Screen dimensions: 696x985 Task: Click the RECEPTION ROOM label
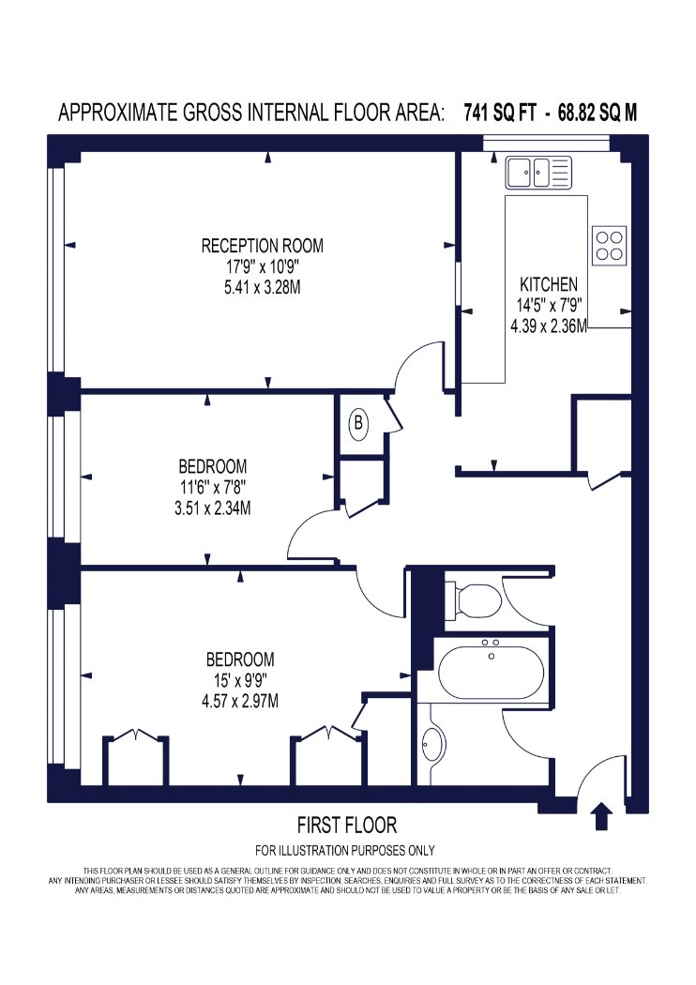pos(262,245)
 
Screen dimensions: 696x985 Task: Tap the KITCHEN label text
pos(549,284)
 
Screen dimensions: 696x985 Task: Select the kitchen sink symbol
pos(539,173)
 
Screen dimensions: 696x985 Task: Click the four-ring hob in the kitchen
pos(609,245)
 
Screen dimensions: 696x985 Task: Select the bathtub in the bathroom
pos(491,673)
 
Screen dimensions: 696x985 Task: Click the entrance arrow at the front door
pos(602,815)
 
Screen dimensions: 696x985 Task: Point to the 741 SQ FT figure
pos(500,113)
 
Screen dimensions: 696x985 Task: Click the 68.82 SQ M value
pos(598,113)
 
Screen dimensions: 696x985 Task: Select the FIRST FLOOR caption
pos(347,825)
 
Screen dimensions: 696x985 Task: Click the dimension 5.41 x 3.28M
pos(262,287)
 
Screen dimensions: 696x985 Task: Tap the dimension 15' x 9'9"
pos(240,680)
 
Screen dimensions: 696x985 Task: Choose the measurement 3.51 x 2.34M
pos(212,508)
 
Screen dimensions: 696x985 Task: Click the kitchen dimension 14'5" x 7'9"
pos(549,305)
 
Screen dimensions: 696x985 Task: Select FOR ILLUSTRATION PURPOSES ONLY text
pos(345,851)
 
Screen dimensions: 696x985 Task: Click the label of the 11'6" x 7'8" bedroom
pos(212,467)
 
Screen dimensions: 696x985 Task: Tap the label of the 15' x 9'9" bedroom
pos(240,659)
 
